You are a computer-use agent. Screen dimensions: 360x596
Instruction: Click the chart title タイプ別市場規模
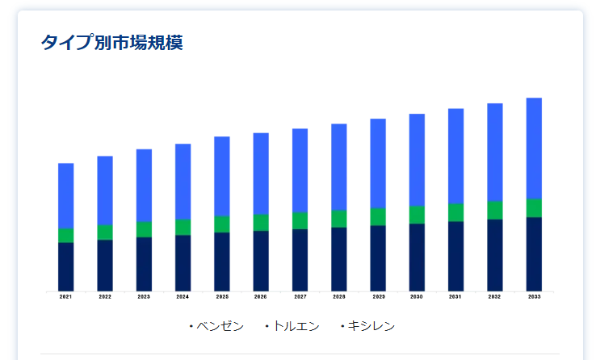pos(111,43)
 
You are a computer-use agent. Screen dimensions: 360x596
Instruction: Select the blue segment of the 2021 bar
pos(66,195)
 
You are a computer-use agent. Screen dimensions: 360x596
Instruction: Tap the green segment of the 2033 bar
pos(534,207)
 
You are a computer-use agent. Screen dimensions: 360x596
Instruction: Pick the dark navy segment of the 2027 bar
pos(300,260)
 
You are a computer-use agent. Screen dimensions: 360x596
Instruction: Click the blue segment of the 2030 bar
pos(417,160)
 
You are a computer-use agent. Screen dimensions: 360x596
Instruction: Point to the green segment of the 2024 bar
pos(183,227)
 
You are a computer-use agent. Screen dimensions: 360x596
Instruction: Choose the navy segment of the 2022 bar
pos(105,265)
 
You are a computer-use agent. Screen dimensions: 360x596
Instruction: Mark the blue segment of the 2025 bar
pos(222,176)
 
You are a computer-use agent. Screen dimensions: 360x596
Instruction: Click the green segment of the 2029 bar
pos(378,216)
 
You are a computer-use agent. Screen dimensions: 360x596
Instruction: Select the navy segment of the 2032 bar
pos(495,255)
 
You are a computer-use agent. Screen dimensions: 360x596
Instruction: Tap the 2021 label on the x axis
pos(66,297)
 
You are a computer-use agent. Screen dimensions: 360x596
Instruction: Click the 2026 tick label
pos(261,297)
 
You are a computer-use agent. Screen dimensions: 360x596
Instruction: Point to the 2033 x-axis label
pos(534,297)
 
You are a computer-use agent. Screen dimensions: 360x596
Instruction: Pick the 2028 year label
pos(339,297)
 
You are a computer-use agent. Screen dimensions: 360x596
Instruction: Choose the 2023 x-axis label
pos(144,297)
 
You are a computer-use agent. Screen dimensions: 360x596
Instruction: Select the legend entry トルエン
pos(296,326)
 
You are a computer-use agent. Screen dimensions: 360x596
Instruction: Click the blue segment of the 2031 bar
pos(455,156)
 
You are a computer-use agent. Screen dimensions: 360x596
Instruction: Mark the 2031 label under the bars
pos(455,297)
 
